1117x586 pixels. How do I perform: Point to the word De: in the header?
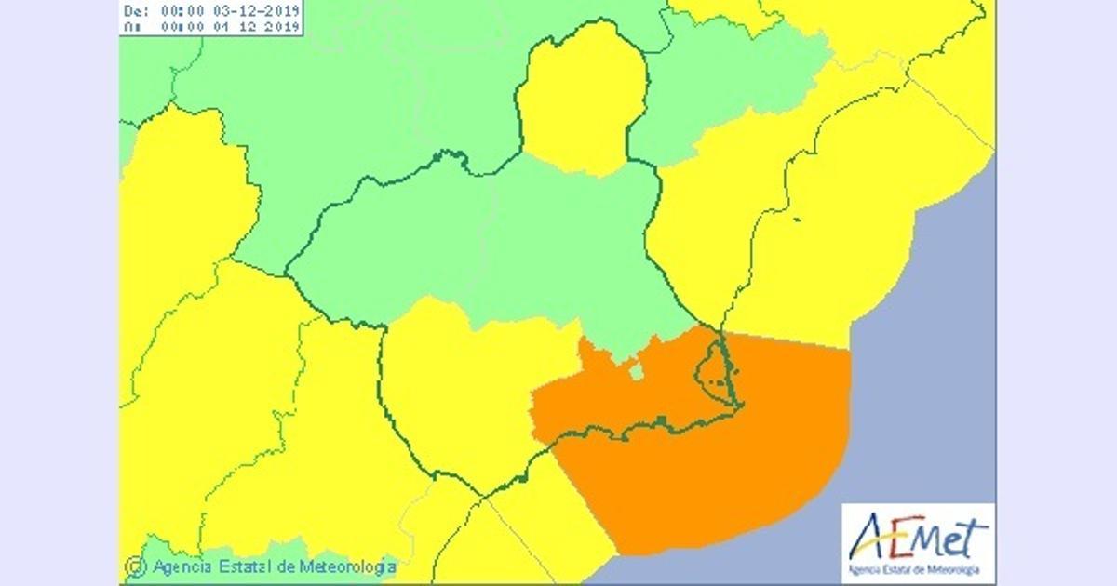point(136,12)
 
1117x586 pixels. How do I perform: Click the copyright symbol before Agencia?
point(136,566)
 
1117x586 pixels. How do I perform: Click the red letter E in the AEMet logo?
point(902,537)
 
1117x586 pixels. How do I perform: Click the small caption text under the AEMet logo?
point(918,569)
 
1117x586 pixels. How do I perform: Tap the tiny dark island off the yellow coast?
point(797,220)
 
